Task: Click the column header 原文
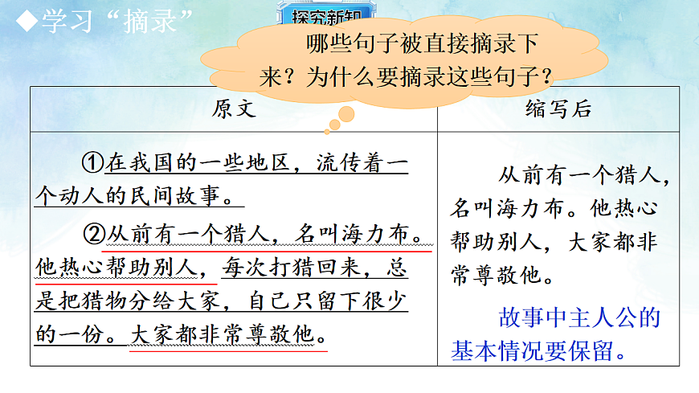click(234, 109)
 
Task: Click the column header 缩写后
click(559, 109)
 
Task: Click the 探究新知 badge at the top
click(324, 14)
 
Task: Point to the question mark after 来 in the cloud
click(296, 78)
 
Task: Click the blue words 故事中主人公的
click(579, 317)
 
